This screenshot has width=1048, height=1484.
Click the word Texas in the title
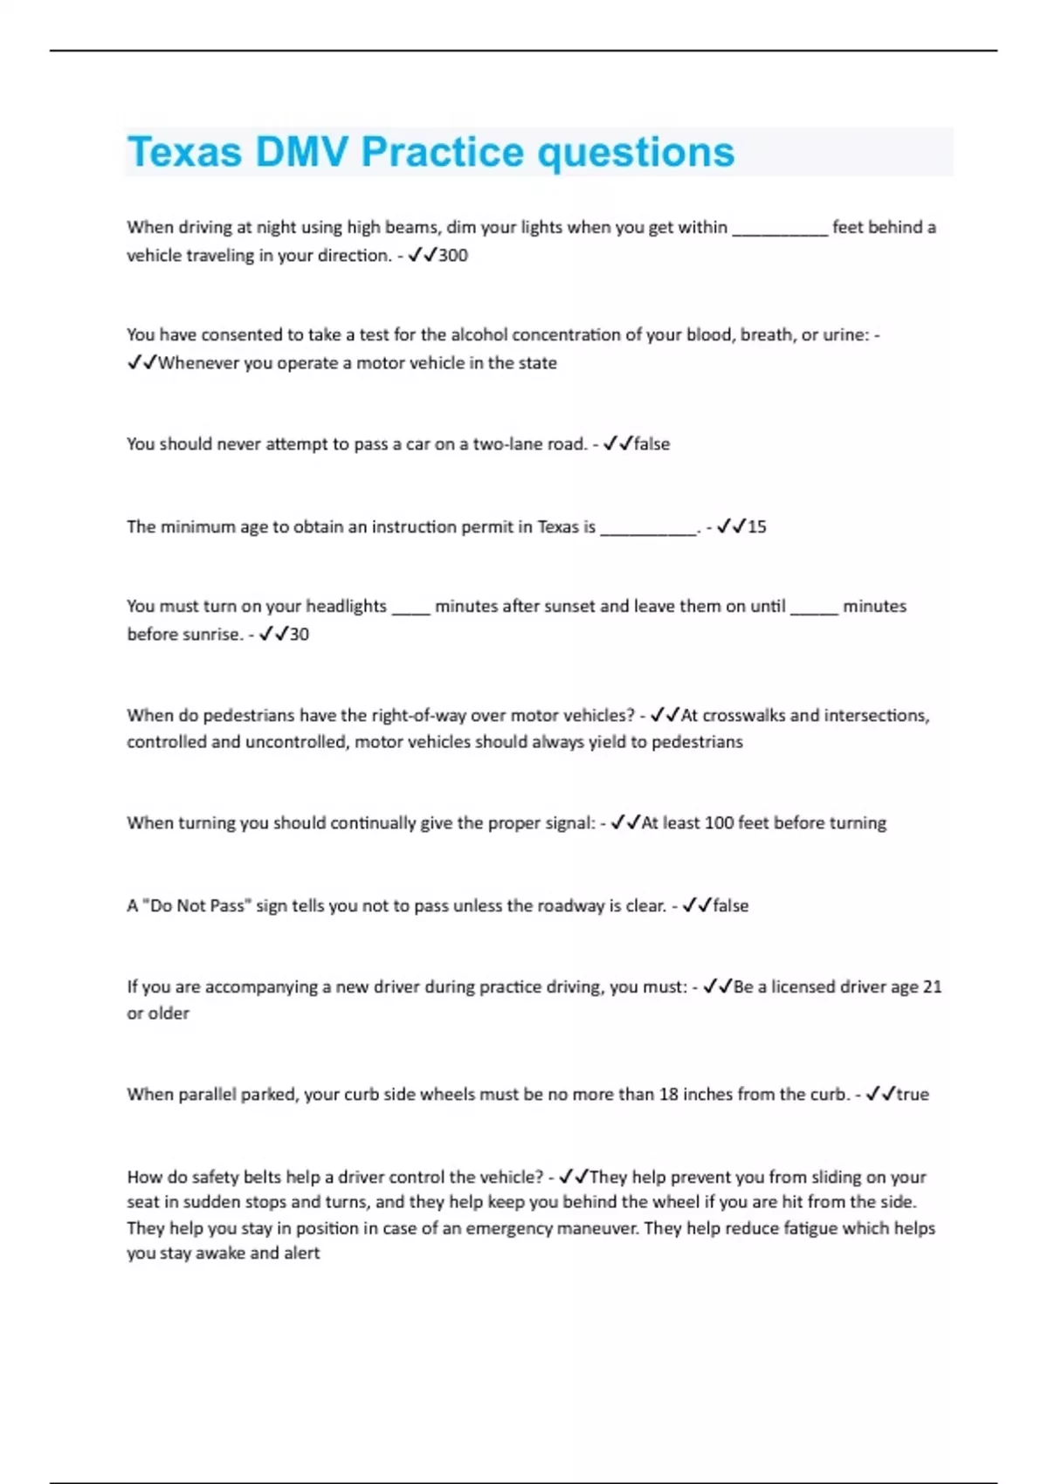pyautogui.click(x=184, y=152)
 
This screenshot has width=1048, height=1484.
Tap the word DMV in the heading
pyautogui.click(x=301, y=152)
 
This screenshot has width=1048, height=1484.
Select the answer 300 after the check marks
pyautogui.click(x=453, y=256)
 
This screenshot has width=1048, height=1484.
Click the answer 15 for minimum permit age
pyautogui.click(x=756, y=527)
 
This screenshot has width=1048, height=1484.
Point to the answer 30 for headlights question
pyautogui.click(x=299, y=635)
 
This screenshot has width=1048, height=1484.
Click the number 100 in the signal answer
pyautogui.click(x=719, y=823)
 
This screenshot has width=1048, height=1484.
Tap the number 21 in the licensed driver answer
pyautogui.click(x=932, y=987)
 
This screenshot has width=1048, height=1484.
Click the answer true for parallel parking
pyautogui.click(x=913, y=1095)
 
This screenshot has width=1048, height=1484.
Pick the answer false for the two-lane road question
pyautogui.click(x=652, y=444)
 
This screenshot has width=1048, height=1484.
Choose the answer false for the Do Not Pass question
pyautogui.click(x=731, y=906)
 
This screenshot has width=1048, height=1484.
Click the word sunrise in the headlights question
pyautogui.click(x=213, y=635)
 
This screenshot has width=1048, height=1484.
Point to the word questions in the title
pyautogui.click(x=636, y=152)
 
